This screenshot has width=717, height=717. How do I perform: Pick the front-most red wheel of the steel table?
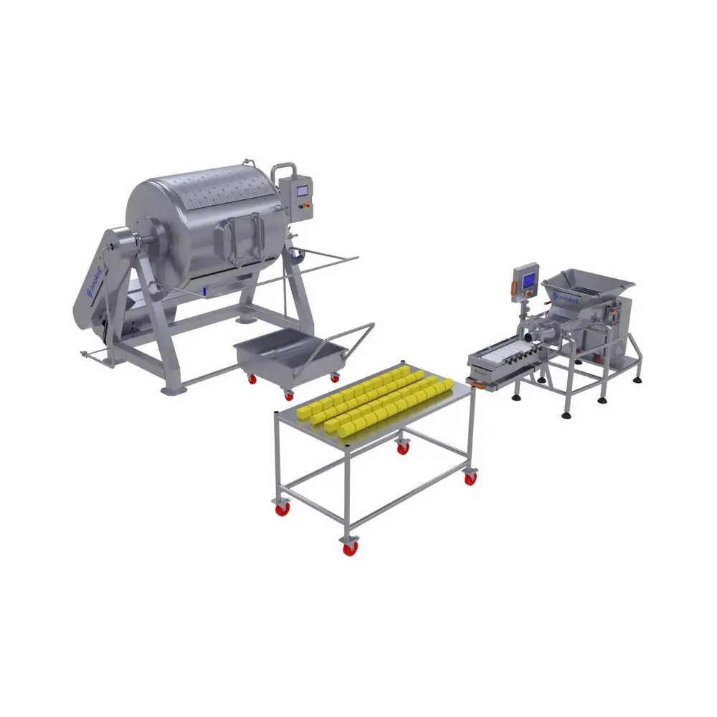click(x=351, y=548)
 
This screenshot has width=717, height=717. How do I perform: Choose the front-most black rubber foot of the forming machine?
click(x=567, y=414)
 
